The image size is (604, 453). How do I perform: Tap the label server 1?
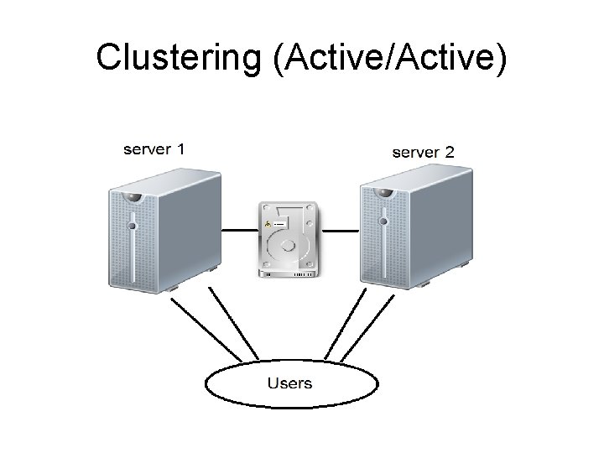pos(154,149)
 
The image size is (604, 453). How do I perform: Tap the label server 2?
pos(424,152)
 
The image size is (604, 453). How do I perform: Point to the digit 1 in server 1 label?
pos(180,149)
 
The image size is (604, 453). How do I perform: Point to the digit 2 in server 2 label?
pos(450,152)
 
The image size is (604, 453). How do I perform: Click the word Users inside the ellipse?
pos(289,383)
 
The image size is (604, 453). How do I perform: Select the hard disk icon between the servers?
pos(288,240)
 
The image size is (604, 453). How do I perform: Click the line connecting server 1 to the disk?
pos(238,230)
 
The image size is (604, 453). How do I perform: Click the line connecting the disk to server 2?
pos(341,230)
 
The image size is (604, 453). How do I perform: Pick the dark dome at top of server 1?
pos(131,198)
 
